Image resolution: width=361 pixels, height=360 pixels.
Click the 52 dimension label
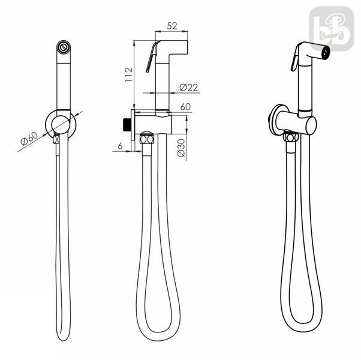tap(172, 26)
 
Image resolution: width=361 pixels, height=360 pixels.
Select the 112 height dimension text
tap(128, 74)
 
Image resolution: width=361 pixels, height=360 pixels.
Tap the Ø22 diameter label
tap(189, 87)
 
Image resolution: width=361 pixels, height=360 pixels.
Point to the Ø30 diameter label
tap(181, 148)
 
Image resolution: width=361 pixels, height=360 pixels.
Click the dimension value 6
tap(120, 146)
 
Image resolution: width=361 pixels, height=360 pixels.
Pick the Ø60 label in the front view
tap(29, 139)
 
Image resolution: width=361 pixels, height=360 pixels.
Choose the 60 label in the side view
tap(185, 107)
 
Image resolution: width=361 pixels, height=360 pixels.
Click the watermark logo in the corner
tap(332, 29)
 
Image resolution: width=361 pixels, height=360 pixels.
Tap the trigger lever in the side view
tap(152, 56)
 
